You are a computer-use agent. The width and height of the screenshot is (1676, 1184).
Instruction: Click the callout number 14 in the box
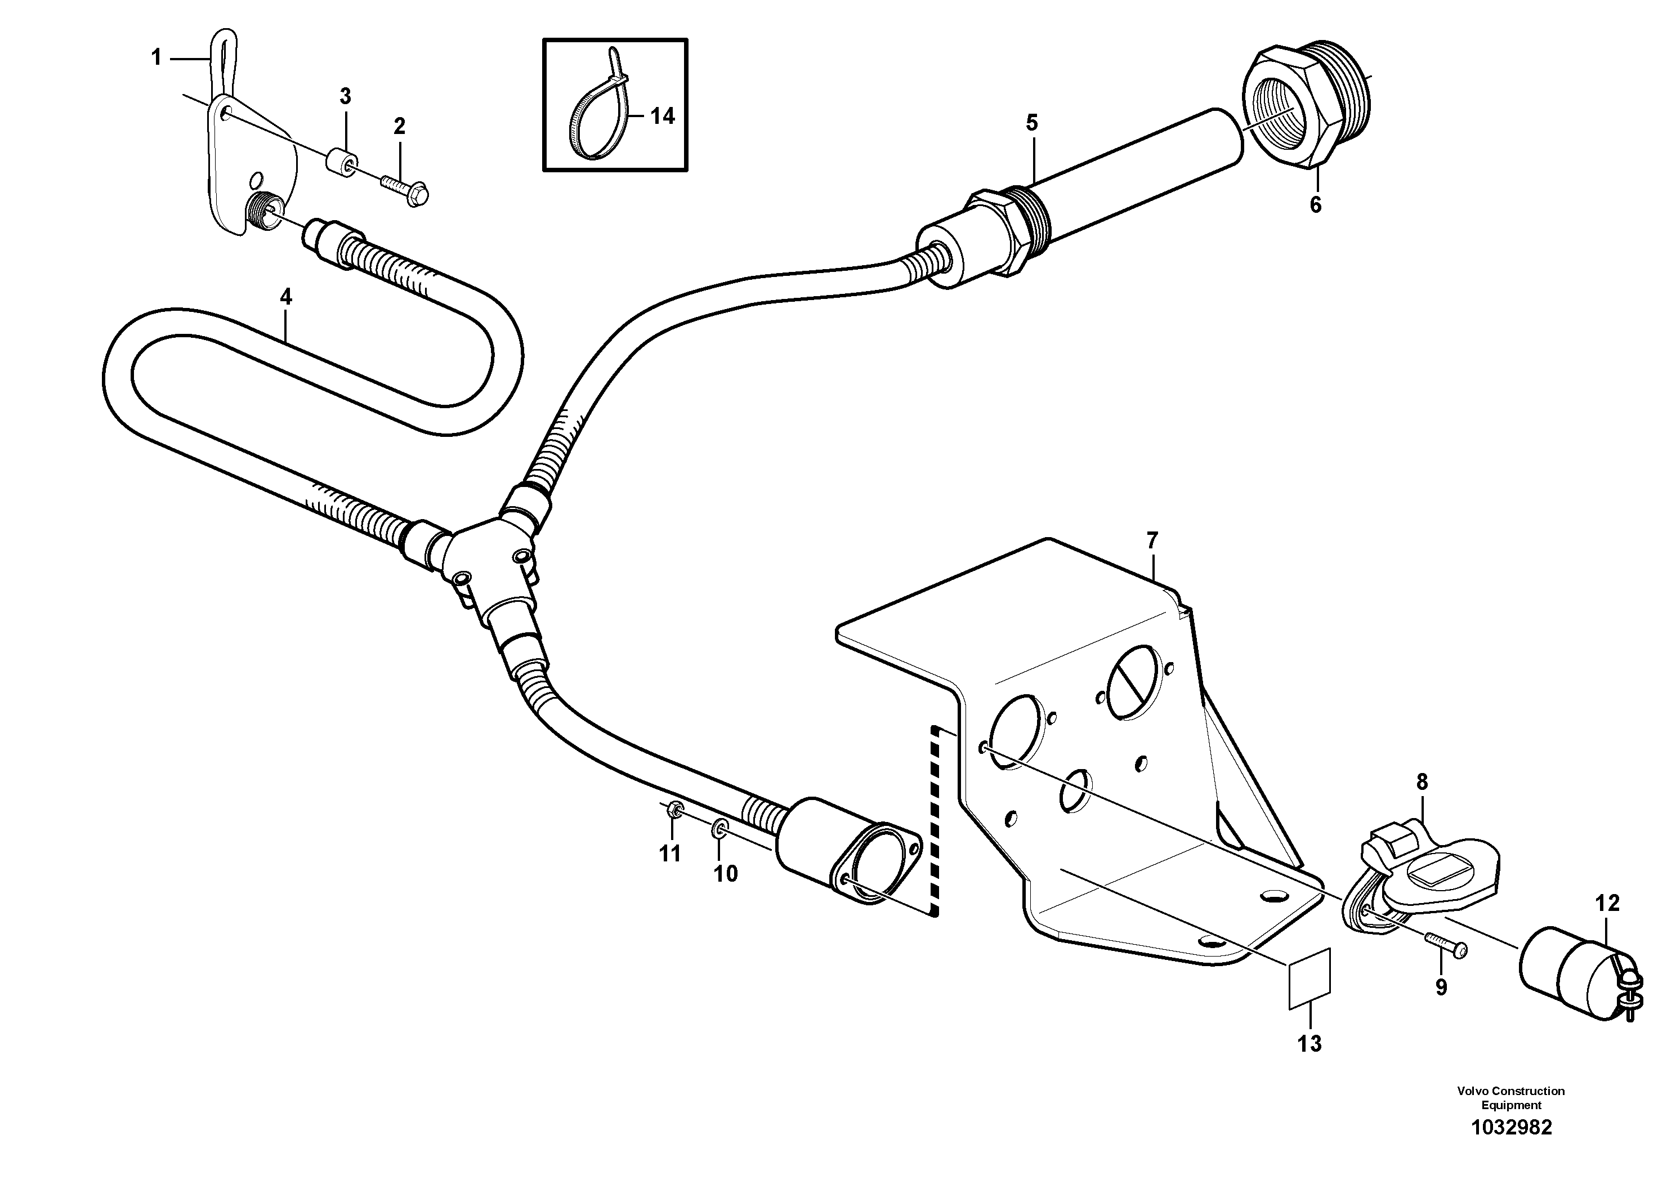[x=662, y=116]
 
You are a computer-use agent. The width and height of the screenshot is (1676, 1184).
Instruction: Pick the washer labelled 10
[x=719, y=827]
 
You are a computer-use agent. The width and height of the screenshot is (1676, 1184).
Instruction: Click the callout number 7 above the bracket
[x=1152, y=541]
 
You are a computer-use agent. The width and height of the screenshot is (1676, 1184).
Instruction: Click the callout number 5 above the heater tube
[x=1031, y=123]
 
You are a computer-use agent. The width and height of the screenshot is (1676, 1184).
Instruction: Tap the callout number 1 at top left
[x=156, y=57]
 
